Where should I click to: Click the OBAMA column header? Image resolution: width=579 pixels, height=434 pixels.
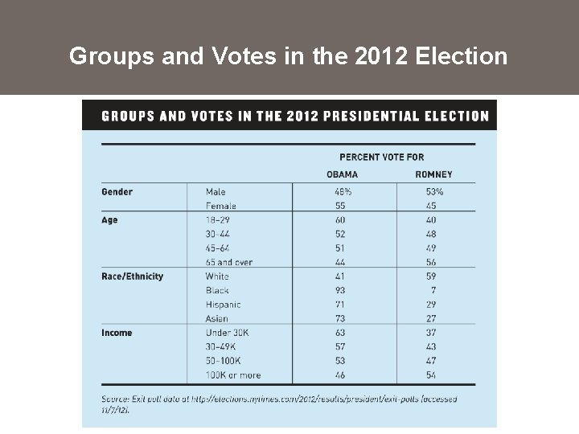pyautogui.click(x=343, y=174)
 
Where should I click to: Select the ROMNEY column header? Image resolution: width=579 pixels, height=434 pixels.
pyautogui.click(x=433, y=174)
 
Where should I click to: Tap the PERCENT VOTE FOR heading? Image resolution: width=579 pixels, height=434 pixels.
pyautogui.click(x=381, y=157)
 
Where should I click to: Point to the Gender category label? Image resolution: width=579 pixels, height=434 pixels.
pyautogui.click(x=117, y=192)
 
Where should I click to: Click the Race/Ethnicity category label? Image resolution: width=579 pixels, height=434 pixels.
pyautogui.click(x=132, y=276)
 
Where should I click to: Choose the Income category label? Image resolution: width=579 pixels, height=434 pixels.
pyautogui.click(x=117, y=333)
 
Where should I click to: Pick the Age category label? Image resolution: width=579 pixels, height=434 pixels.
pyautogui.click(x=109, y=220)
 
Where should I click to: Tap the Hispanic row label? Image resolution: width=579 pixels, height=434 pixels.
pyautogui.click(x=223, y=305)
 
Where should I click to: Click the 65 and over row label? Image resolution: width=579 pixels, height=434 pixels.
pyautogui.click(x=229, y=262)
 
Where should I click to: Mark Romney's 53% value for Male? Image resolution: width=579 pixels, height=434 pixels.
pyautogui.click(x=434, y=192)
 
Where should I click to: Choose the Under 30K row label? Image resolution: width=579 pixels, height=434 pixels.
pyautogui.click(x=228, y=333)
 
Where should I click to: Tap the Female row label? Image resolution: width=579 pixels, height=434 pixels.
pyautogui.click(x=221, y=206)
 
